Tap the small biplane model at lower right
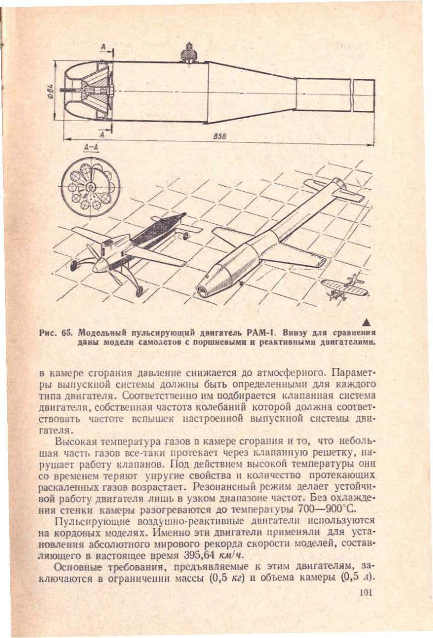point(343,286)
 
